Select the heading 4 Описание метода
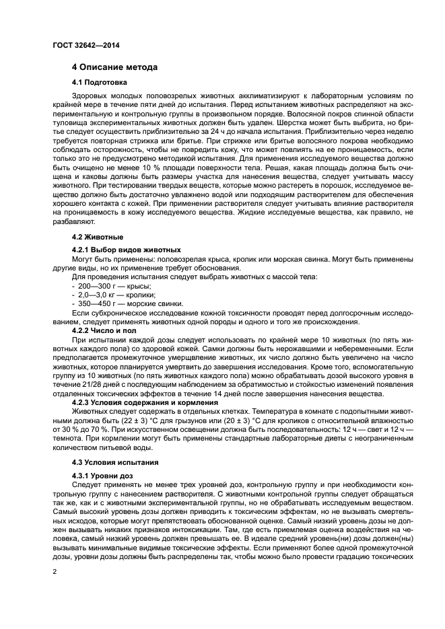(115, 67)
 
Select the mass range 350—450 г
(94, 303)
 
